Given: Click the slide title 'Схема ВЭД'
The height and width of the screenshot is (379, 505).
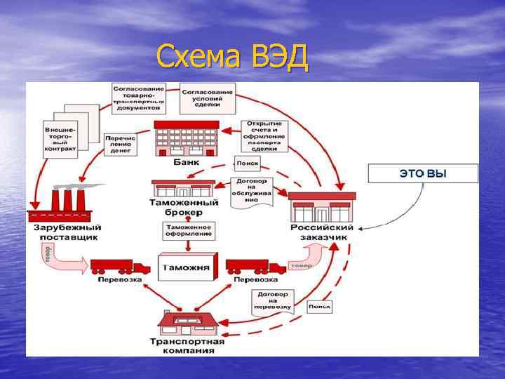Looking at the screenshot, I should [x=232, y=57].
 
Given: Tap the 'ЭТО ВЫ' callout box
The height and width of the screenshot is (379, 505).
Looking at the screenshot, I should [x=422, y=173].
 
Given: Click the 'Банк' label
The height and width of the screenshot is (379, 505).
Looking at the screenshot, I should [x=186, y=162].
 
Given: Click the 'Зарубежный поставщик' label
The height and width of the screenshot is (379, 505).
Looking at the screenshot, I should [x=67, y=232].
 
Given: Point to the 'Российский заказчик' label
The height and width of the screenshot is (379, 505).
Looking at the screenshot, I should [x=321, y=232].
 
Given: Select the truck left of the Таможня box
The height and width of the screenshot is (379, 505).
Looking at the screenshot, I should [x=120, y=266].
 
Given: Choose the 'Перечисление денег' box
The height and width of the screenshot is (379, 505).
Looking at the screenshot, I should [x=121, y=144].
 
